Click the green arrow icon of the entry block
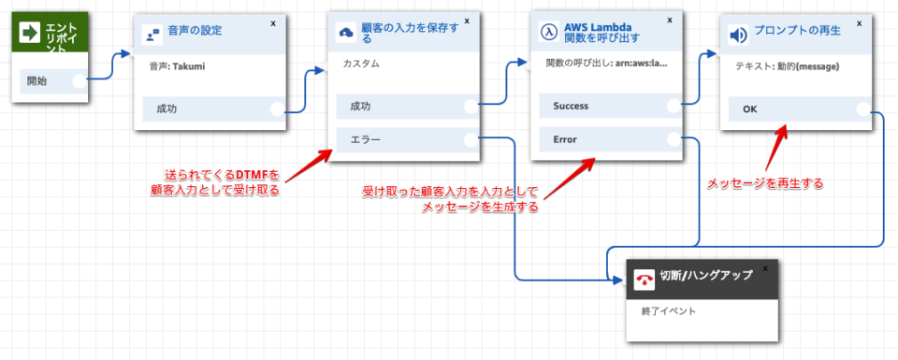point(30,34)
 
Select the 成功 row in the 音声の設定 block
point(211,108)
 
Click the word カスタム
point(362,64)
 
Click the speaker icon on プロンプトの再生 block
point(738,36)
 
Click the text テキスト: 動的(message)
point(787,66)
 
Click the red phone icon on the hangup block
point(645,279)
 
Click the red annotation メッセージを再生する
point(764,183)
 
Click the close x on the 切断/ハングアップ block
point(765,267)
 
